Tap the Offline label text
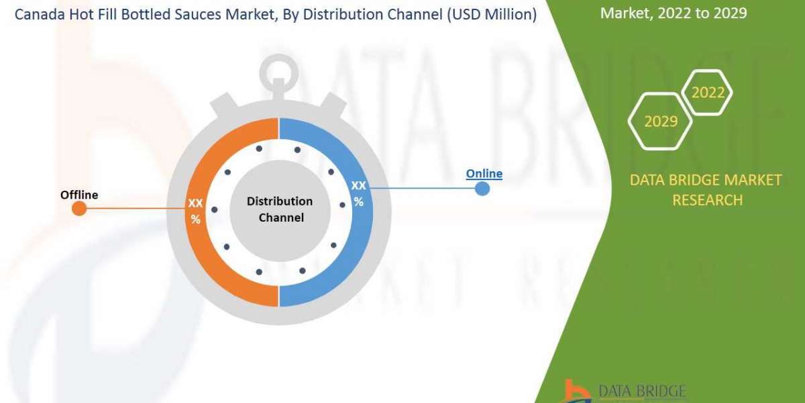click(79, 195)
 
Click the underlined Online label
click(484, 174)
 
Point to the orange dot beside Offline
click(79, 209)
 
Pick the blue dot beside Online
click(482, 189)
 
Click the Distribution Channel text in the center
click(279, 209)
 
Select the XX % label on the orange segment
click(195, 211)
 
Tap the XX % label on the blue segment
click(359, 193)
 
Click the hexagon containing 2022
click(708, 93)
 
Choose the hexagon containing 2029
click(660, 122)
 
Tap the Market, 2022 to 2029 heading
click(673, 13)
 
